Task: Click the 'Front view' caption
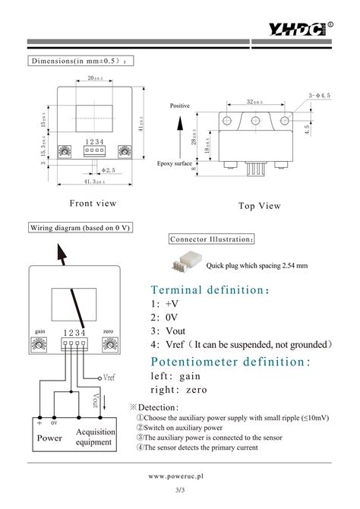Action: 93,203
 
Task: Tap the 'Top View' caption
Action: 259,206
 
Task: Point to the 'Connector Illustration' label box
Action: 212,239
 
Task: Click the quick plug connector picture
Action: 186,264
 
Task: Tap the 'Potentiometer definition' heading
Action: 231,362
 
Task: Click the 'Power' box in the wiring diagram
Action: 50,438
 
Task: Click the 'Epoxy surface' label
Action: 175,163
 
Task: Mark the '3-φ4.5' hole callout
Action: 318,95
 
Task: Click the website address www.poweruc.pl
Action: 180,479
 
